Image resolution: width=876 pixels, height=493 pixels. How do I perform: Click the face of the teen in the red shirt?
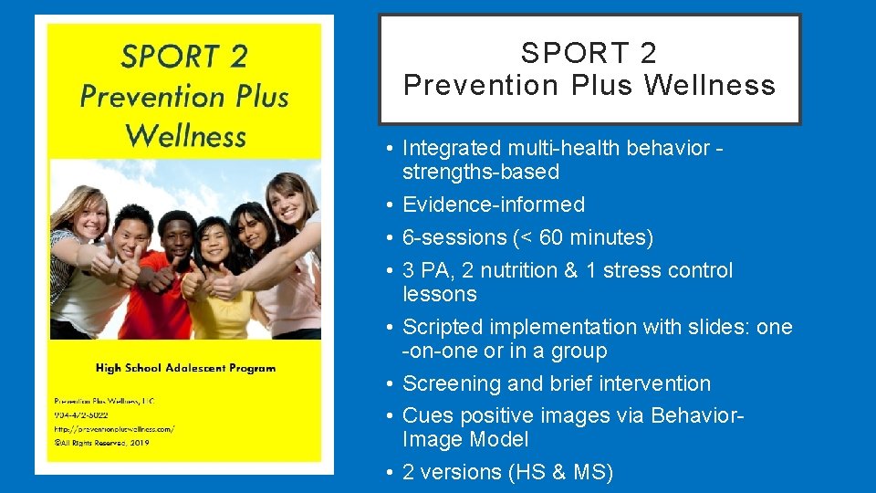173,236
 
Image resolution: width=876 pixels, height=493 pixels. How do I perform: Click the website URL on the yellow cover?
114,428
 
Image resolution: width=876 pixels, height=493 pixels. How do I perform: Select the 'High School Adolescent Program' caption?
185,368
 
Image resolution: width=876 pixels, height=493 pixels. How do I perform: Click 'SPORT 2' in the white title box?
589,53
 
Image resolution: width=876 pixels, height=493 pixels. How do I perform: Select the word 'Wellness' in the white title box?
710,86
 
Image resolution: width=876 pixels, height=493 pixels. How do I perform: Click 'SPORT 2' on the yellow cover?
184,57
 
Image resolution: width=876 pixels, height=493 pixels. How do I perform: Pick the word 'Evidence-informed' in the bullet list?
493,205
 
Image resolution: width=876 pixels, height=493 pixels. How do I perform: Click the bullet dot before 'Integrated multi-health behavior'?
389,149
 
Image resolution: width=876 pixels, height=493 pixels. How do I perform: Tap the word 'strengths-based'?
480,172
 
